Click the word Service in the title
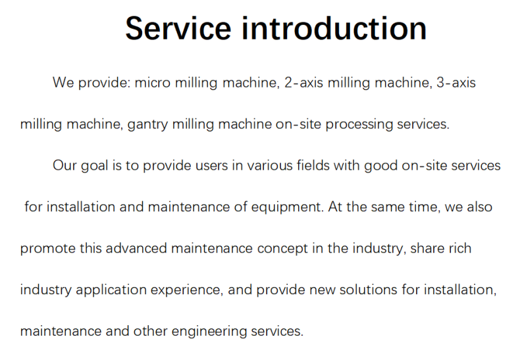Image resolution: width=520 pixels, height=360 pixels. pos(178,28)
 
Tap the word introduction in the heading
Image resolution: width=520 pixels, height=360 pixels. pos(334,28)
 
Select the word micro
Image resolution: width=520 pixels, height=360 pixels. pos(153,82)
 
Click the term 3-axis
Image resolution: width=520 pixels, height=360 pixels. pos(456,82)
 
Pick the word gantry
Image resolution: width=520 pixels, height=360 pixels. pos(147,124)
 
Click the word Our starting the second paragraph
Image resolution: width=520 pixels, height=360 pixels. pos(65,165)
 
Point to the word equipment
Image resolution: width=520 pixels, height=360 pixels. pos(286,207)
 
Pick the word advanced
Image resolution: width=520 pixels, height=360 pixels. pos(136,248)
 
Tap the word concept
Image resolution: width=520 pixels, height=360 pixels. pos(282,249)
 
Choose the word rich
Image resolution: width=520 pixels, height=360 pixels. pos(460,248)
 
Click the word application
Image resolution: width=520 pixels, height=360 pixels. pos(111,290)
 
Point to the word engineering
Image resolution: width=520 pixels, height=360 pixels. pos(209,332)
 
